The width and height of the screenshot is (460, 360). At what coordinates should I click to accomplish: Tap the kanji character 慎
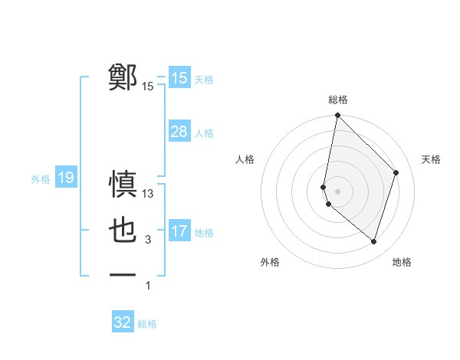point(123,185)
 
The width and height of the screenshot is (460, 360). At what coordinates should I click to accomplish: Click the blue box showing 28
point(179,132)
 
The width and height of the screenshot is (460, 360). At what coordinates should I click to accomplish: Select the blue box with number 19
point(65,178)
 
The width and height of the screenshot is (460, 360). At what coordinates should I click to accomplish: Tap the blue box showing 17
point(179,231)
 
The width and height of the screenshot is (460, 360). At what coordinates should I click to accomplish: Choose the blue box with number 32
point(123,322)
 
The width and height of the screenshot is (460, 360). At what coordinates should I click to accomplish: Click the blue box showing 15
point(179,77)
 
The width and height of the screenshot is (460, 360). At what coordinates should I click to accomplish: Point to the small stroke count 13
point(148,195)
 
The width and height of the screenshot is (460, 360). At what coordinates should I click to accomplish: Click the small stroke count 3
point(148,240)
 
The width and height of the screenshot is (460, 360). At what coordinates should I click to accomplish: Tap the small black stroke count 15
point(148,87)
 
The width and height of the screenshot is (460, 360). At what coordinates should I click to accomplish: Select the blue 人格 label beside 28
point(204,133)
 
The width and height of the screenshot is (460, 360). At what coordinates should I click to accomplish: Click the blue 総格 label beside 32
point(147,324)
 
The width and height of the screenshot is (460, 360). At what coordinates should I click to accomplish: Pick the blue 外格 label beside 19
point(41,179)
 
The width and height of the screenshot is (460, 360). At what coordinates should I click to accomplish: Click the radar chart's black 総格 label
point(337,100)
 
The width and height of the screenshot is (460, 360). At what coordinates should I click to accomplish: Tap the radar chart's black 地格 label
point(402,262)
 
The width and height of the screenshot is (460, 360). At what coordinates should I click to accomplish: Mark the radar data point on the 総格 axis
point(337,116)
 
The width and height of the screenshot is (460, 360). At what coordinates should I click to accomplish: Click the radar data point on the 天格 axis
point(396,172)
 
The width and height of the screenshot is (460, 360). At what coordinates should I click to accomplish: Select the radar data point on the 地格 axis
point(373,241)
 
